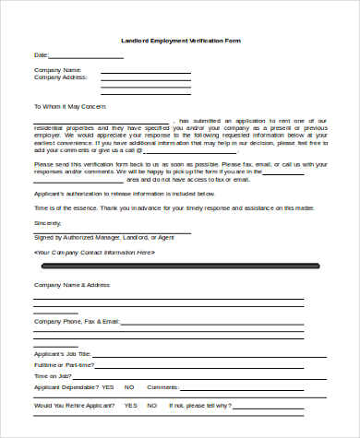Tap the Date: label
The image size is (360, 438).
point(41,55)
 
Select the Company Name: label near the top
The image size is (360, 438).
point(58,70)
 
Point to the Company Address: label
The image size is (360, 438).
point(61,77)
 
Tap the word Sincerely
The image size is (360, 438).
point(47,223)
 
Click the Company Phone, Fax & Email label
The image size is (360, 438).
point(77,321)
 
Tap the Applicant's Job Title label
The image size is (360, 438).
point(63,353)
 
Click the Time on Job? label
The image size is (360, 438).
point(54,375)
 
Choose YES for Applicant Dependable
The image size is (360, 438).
point(107,386)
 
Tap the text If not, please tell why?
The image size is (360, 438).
point(200,405)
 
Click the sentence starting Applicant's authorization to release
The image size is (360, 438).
point(125,195)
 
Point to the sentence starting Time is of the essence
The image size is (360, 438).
point(173,209)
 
